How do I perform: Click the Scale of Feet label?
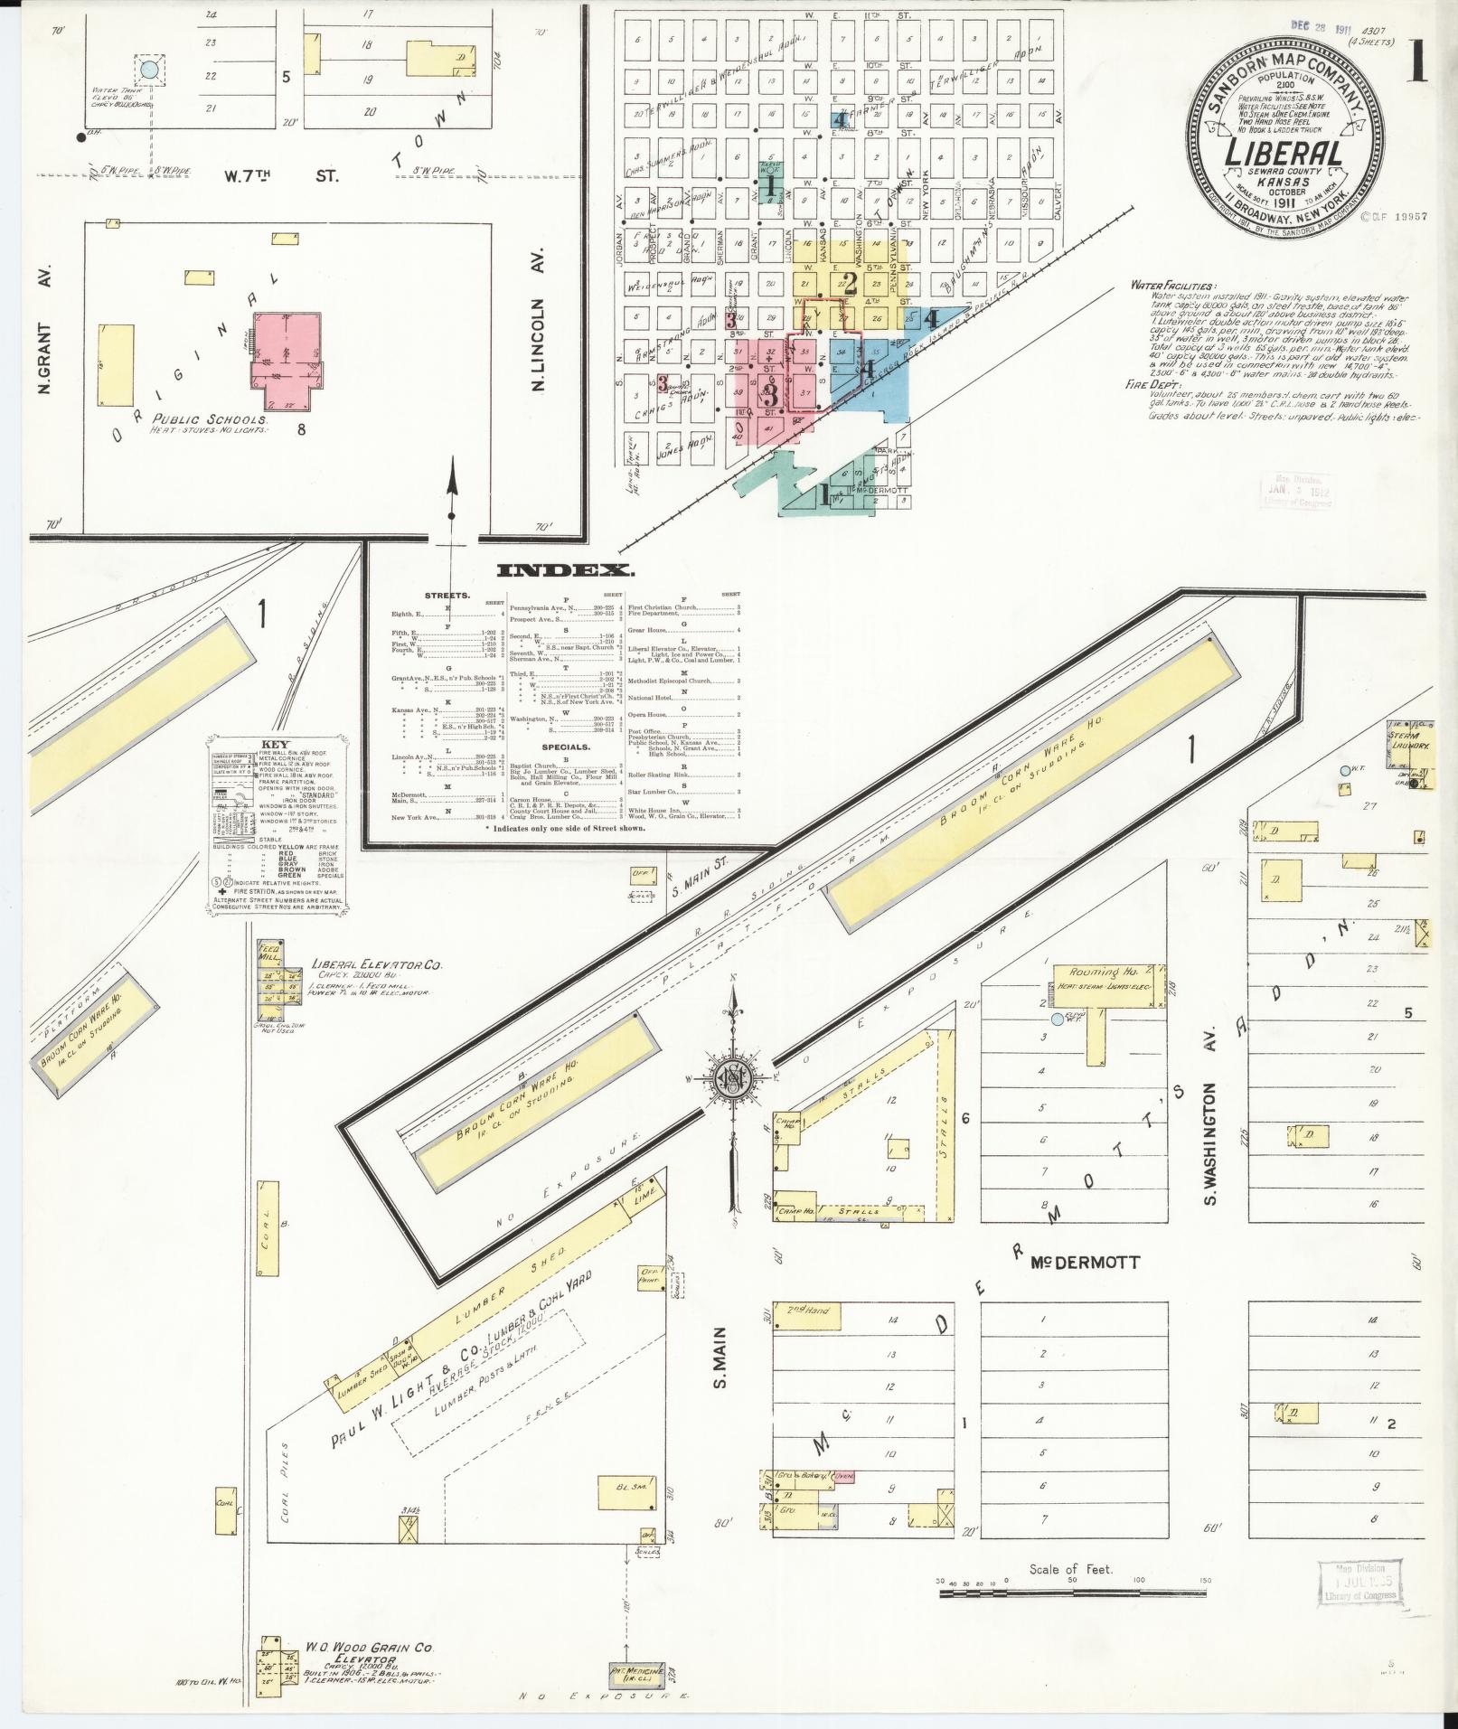coord(1070,1569)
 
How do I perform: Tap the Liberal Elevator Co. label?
coord(377,965)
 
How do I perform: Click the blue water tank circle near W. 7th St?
coord(151,68)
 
